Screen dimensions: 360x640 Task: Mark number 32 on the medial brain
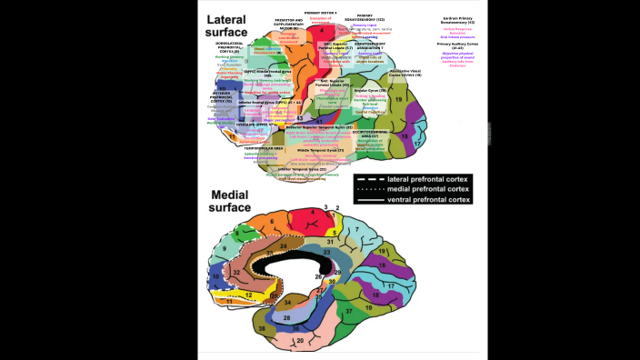coord(235,271)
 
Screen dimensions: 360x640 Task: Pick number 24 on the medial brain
coord(283,245)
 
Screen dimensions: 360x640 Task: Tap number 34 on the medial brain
coord(287,303)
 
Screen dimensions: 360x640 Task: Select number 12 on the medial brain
coord(247,295)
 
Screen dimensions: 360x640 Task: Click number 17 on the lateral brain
coord(417,143)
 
